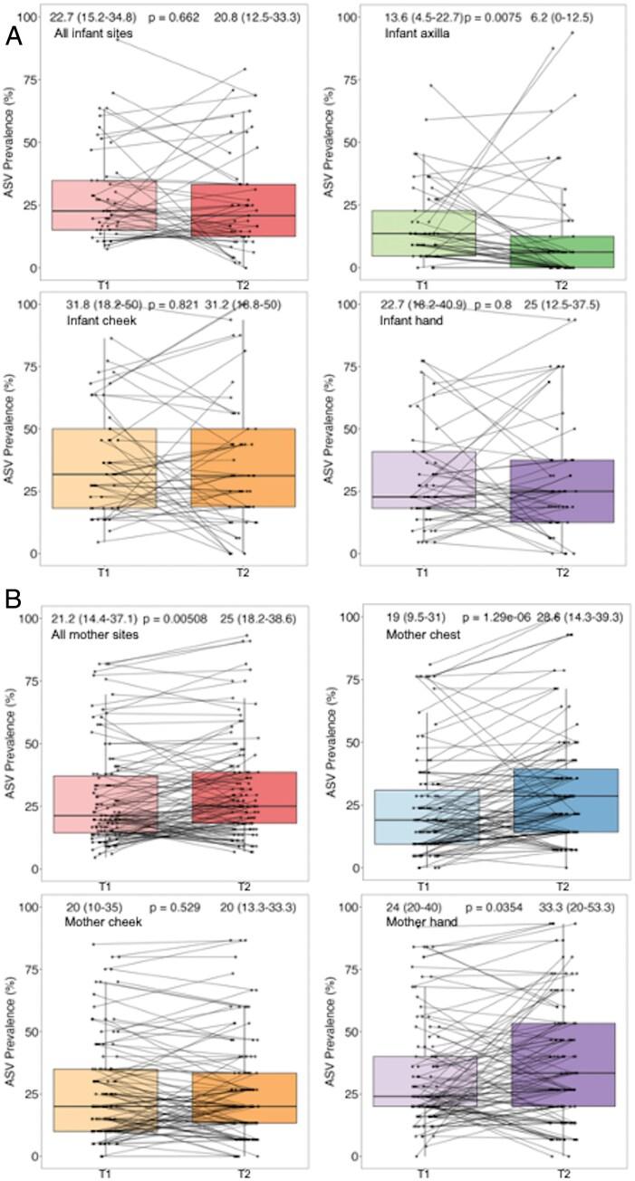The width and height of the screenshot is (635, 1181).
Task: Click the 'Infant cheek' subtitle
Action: tap(89, 321)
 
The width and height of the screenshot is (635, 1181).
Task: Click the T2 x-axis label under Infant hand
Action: tap(563, 573)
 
